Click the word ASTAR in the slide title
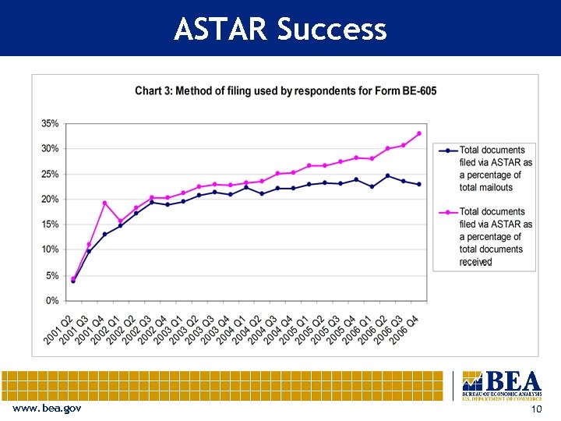(x=221, y=29)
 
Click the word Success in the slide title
(x=331, y=29)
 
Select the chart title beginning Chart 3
(x=285, y=90)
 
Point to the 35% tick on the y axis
(x=49, y=123)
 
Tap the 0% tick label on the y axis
(x=51, y=300)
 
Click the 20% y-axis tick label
(x=49, y=200)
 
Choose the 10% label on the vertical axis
(x=49, y=249)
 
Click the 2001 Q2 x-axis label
(x=58, y=327)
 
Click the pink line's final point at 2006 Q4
(x=418, y=133)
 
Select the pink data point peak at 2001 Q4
(x=104, y=203)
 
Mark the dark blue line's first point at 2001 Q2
(x=73, y=281)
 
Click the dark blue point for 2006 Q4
(x=418, y=185)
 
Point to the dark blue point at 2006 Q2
(x=387, y=175)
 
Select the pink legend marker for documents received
(x=448, y=211)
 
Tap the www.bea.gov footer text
(x=46, y=409)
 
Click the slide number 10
(x=535, y=409)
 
